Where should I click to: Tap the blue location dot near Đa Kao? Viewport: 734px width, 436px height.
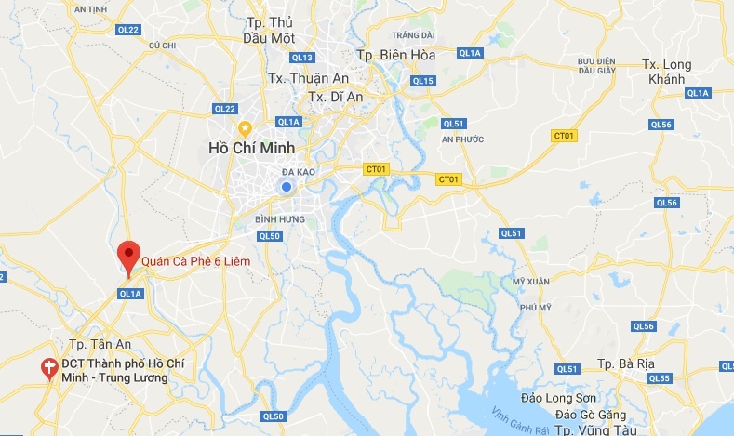[287, 188]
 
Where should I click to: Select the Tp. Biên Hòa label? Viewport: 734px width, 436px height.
[396, 56]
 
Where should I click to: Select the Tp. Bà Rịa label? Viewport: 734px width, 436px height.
[628, 363]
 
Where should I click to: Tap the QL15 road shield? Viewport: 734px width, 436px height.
[423, 81]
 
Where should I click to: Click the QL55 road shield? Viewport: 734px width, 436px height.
[660, 378]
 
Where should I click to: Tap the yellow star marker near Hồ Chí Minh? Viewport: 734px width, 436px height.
[245, 127]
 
